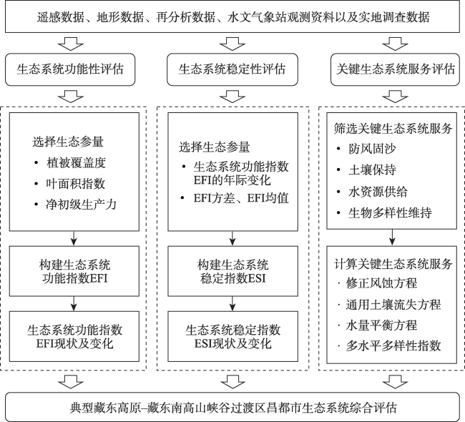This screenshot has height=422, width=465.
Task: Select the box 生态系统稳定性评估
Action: (x=231, y=70)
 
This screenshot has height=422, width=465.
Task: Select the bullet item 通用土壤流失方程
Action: (x=392, y=304)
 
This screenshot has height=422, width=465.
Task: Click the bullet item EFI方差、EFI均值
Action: (x=239, y=198)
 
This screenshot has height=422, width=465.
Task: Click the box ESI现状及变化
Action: (x=233, y=336)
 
